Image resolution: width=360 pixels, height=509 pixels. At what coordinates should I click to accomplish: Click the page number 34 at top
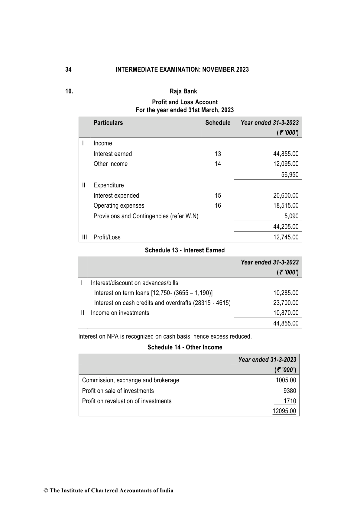click(69, 70)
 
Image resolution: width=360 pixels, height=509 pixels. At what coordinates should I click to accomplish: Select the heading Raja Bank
click(183, 91)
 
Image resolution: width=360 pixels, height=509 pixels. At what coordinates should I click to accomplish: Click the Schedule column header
click(218, 123)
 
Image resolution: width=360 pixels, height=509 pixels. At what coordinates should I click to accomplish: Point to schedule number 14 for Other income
click(218, 164)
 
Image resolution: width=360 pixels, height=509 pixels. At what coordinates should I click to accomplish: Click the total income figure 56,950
click(290, 174)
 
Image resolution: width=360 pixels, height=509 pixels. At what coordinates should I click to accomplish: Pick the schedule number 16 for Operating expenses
click(218, 206)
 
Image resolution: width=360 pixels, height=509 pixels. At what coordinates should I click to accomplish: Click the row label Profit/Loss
click(107, 237)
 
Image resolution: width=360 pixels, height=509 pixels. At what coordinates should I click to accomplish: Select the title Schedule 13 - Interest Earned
click(185, 250)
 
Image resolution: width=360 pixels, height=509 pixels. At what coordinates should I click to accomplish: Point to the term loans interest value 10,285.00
click(286, 293)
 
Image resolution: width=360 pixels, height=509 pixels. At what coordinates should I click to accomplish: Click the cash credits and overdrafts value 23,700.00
click(286, 303)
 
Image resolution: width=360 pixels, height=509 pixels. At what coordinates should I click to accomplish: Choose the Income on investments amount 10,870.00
click(286, 313)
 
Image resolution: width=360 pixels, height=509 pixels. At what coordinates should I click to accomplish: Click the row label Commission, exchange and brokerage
click(131, 380)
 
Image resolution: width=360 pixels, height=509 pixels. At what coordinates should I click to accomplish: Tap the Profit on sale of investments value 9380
click(290, 391)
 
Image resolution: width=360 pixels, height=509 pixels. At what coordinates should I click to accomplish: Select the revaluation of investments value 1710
click(290, 401)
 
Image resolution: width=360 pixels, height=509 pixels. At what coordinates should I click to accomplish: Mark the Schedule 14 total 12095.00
click(284, 411)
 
